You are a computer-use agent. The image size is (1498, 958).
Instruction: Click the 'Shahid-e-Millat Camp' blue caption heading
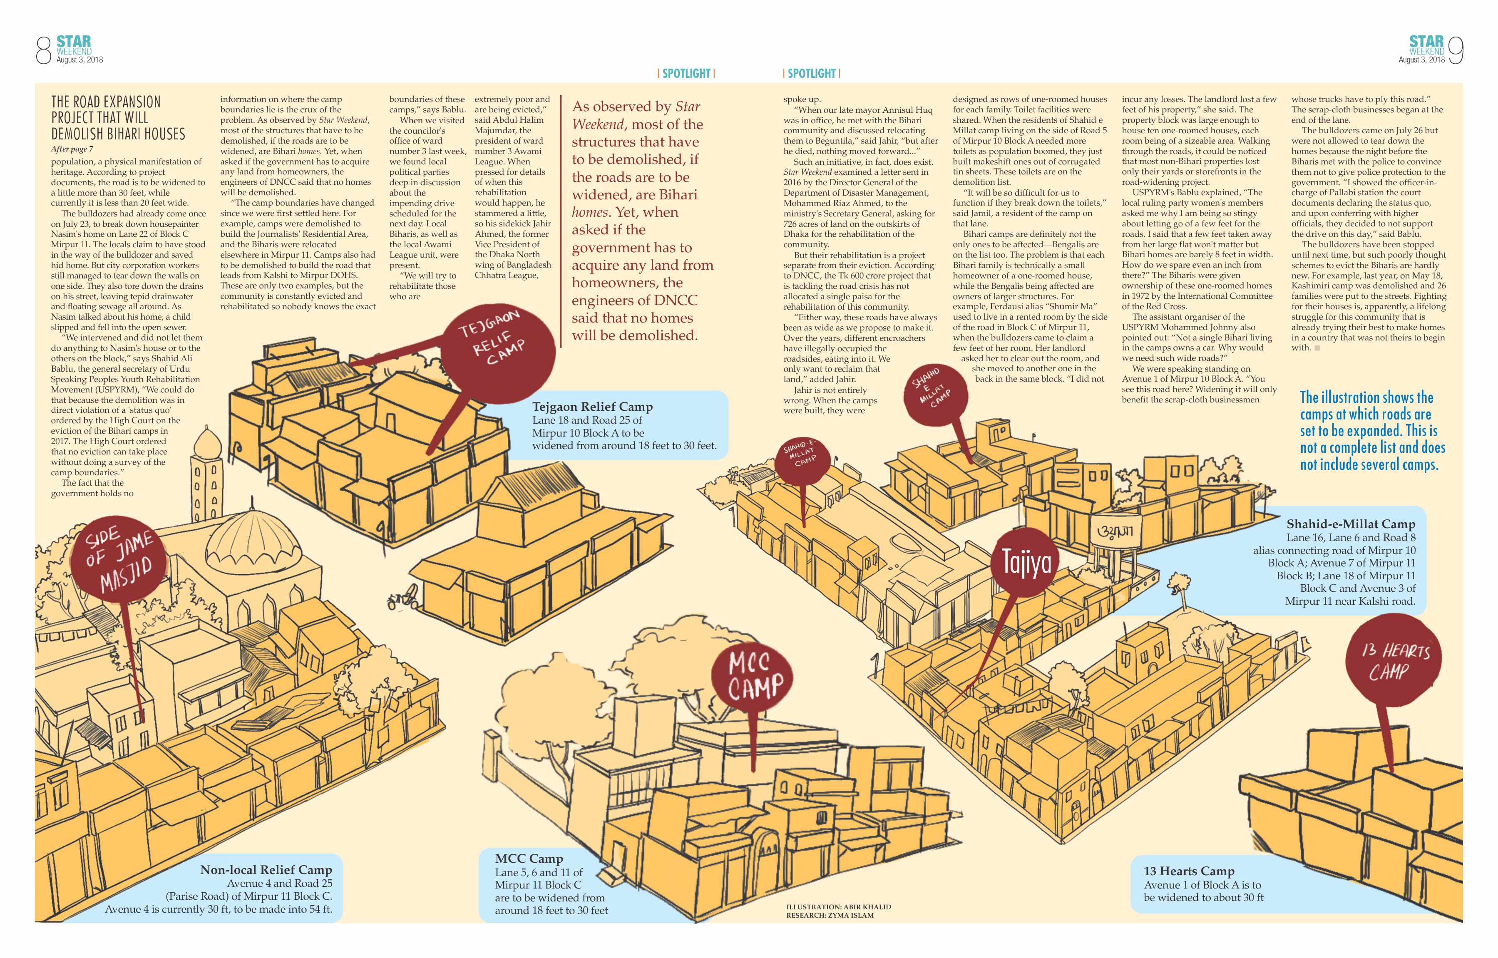[x=1351, y=524]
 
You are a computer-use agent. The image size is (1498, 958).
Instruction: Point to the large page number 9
[x=1456, y=50]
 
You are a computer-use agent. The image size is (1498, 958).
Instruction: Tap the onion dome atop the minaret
[x=207, y=444]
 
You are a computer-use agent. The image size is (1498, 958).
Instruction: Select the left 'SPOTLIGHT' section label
[x=686, y=73]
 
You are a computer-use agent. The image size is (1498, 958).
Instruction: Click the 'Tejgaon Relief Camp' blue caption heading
[x=592, y=407]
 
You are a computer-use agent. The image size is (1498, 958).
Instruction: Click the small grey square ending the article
[x=1317, y=348]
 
